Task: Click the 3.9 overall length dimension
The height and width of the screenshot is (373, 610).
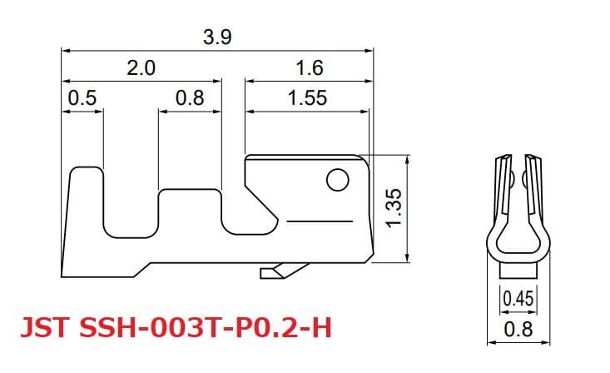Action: [217, 37]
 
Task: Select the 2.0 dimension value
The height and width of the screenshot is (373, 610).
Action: [141, 68]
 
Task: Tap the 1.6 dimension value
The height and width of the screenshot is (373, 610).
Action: [309, 68]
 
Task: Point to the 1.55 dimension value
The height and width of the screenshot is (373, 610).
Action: [307, 98]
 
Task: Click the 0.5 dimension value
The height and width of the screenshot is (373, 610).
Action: [82, 98]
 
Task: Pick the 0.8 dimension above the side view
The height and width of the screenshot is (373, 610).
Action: [190, 98]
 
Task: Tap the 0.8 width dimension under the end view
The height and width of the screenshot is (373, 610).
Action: [518, 329]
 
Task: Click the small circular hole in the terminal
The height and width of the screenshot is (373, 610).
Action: [336, 180]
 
